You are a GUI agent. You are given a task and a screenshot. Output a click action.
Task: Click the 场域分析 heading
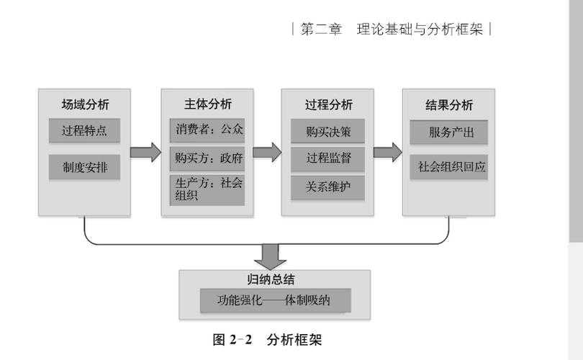pos(84,104)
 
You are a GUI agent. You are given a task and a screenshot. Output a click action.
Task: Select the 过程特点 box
pos(84,131)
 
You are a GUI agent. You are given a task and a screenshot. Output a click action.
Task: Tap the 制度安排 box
pos(84,167)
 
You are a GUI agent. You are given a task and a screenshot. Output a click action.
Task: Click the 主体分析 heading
pos(207,104)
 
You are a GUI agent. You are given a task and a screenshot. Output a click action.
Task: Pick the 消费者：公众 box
pos(207,130)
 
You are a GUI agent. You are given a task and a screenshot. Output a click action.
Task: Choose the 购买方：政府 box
pos(207,157)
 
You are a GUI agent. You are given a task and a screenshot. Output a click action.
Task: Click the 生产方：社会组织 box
pos(207,190)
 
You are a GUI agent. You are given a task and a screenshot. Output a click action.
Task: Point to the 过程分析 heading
pos(328,104)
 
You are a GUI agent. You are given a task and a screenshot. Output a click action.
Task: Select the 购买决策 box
pos(328,131)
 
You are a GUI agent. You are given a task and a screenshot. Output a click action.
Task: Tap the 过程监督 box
pos(328,159)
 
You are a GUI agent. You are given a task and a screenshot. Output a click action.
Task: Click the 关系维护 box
pos(328,188)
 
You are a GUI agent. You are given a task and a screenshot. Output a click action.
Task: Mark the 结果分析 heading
pos(449,104)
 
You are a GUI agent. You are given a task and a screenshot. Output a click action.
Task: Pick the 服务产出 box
pos(449,132)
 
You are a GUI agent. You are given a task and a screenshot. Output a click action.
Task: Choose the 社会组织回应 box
pos(449,167)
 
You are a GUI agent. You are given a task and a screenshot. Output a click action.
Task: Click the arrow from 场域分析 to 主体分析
pos(145,153)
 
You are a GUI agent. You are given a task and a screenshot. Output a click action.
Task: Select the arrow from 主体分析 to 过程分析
pos(267,153)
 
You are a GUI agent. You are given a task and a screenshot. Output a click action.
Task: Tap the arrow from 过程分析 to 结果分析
pos(387,153)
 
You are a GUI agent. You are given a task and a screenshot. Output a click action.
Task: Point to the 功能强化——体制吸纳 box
pos(275,300)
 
